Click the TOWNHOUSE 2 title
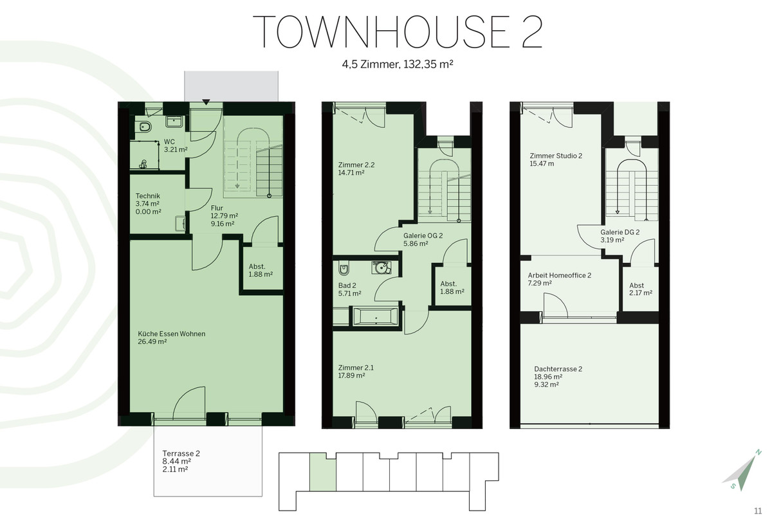point(398,32)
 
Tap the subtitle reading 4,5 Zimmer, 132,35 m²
point(398,64)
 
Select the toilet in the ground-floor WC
point(146,127)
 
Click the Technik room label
point(148,195)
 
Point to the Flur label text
point(217,208)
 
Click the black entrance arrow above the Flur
point(206,102)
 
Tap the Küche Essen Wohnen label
point(171,334)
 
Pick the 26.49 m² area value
point(152,341)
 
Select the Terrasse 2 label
point(181,453)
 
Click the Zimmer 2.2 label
point(356,165)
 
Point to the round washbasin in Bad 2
point(381,268)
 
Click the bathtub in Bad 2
point(375,316)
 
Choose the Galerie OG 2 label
point(423,235)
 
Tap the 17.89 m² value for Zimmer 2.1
point(351,376)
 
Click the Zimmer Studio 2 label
point(556,156)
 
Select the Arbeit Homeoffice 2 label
point(559,275)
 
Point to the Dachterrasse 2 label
point(558,369)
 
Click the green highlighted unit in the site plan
point(322,472)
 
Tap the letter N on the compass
point(758,452)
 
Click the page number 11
point(758,511)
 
